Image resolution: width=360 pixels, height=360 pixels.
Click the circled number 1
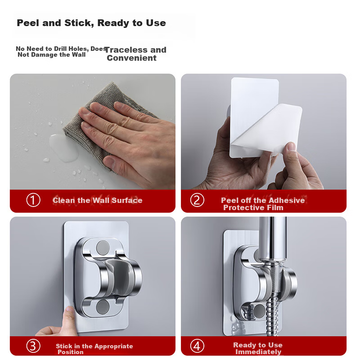point(33,200)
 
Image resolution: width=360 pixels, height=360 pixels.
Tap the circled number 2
point(197,200)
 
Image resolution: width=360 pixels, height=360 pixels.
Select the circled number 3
point(33,346)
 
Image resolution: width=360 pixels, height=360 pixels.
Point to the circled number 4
point(197,346)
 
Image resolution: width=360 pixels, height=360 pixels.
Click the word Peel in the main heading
point(27,23)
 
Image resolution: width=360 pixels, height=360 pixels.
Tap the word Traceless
point(126,50)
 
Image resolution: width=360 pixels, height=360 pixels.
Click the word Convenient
point(131,58)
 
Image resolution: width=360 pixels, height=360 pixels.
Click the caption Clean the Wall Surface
point(98,200)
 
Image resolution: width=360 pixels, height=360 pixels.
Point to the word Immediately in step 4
point(258,352)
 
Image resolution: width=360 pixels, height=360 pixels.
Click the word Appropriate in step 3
point(114,346)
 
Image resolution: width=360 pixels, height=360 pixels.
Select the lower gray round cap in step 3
point(103,307)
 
